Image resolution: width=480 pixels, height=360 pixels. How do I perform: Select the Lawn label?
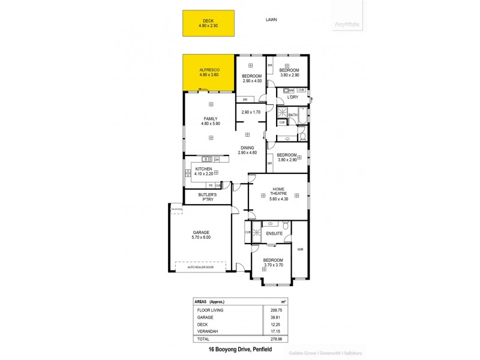271,20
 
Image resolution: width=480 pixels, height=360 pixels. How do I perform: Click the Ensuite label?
274,233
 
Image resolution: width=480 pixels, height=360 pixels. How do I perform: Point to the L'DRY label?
293,97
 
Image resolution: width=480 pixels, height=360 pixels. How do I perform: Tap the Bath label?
293,115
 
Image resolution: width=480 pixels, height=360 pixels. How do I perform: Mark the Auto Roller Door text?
201,266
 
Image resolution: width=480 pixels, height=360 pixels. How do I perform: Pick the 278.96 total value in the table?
275,338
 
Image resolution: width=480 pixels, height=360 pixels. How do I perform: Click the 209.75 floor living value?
275,310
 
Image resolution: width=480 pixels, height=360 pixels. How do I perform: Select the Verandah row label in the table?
208,331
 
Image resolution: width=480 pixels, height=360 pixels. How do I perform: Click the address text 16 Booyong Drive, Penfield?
239,349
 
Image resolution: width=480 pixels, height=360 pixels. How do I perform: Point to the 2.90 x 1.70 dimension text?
251,112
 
